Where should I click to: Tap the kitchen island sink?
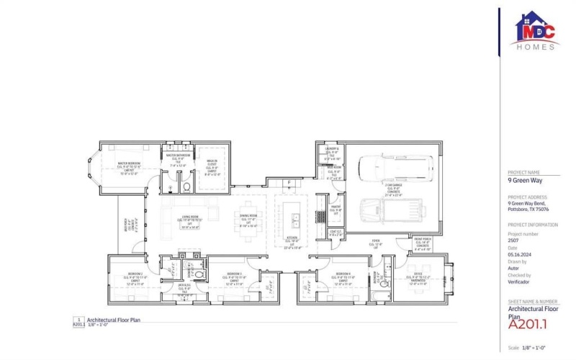(x=294, y=216)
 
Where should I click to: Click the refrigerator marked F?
(x=289, y=184)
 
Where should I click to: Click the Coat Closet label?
(x=335, y=234)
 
